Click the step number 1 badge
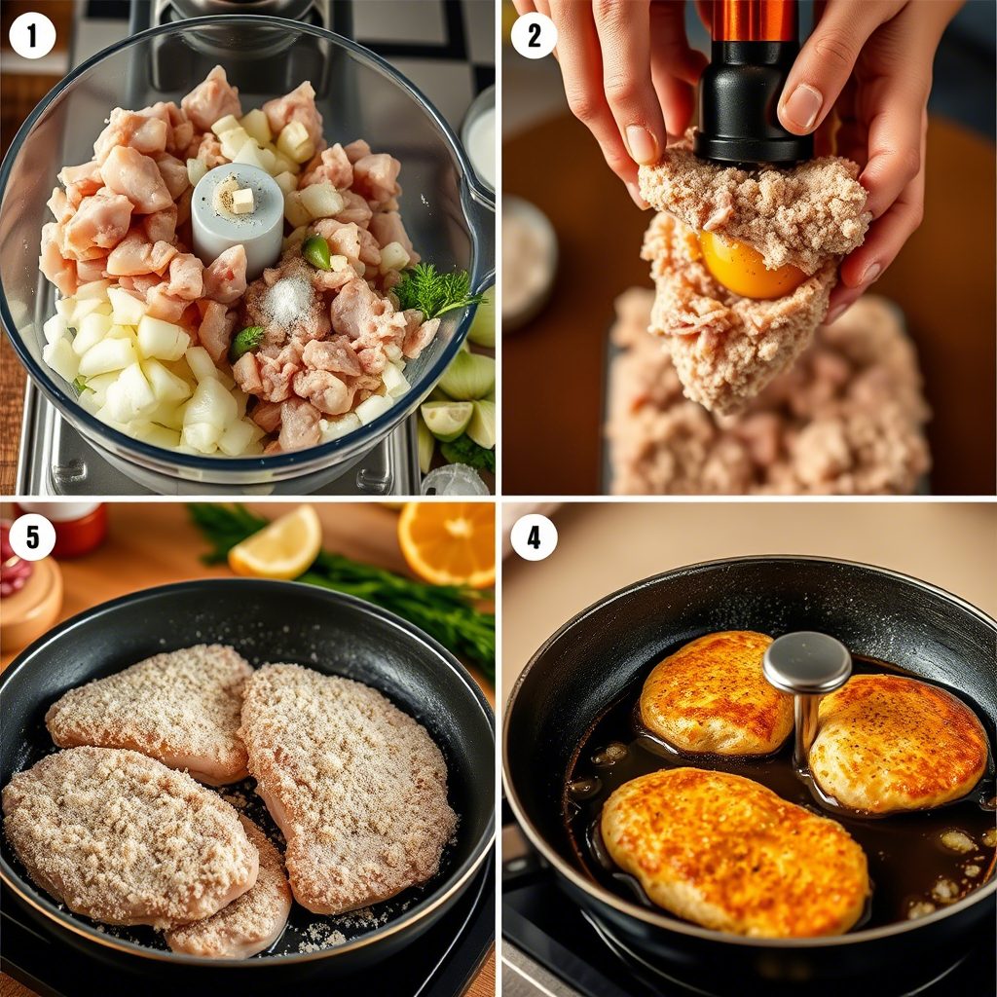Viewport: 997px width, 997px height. [32, 36]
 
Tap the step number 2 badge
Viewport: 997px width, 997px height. [534, 36]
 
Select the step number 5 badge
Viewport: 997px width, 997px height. [32, 537]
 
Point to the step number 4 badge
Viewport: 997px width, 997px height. [534, 537]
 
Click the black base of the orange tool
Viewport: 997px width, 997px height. [754, 115]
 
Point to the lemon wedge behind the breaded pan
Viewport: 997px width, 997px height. [276, 543]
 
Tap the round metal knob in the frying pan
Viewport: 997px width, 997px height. [806, 662]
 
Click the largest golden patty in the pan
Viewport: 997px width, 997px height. [734, 850]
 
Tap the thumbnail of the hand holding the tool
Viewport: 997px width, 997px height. [803, 105]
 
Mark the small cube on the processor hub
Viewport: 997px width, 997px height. [242, 201]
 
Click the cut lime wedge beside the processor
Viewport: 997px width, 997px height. [447, 419]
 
